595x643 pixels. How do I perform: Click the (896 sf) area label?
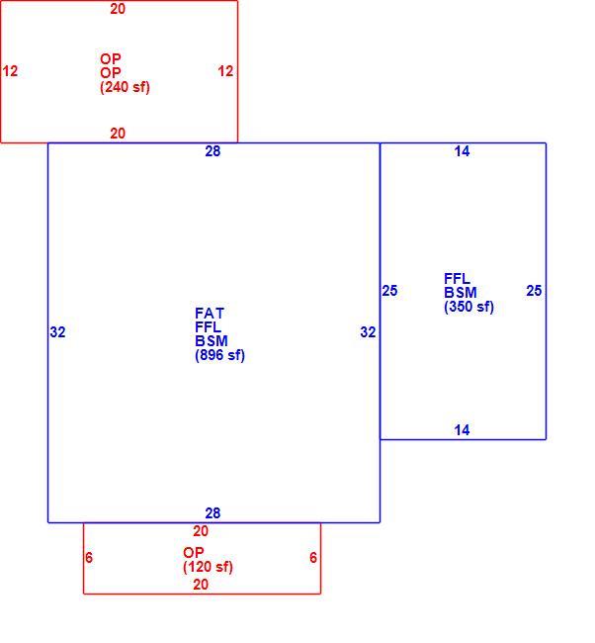click(x=219, y=355)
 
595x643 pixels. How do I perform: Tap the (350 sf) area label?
click(x=468, y=307)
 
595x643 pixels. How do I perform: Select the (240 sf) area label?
click(x=125, y=87)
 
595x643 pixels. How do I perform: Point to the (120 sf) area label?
click(x=208, y=567)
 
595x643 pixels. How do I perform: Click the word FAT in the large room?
click(x=210, y=314)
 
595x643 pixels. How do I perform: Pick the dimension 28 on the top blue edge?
click(x=212, y=151)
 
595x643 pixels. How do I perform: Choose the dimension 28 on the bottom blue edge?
click(x=212, y=513)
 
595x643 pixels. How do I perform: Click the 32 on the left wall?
click(x=57, y=332)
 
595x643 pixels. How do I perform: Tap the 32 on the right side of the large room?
click(x=368, y=332)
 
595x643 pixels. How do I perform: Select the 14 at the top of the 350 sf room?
click(x=462, y=151)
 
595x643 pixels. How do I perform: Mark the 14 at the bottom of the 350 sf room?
click(x=462, y=430)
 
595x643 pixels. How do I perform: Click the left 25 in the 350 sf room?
click(x=389, y=291)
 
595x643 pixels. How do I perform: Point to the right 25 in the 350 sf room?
click(x=534, y=291)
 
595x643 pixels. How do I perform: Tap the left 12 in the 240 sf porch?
click(x=10, y=71)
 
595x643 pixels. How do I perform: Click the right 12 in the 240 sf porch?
click(x=225, y=71)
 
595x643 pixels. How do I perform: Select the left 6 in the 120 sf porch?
click(x=89, y=558)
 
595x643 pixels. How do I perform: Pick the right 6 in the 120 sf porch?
click(x=313, y=558)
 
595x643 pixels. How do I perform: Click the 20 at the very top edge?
click(x=118, y=9)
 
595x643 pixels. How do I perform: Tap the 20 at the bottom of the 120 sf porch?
click(x=201, y=585)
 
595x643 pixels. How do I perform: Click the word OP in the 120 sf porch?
click(x=194, y=553)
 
